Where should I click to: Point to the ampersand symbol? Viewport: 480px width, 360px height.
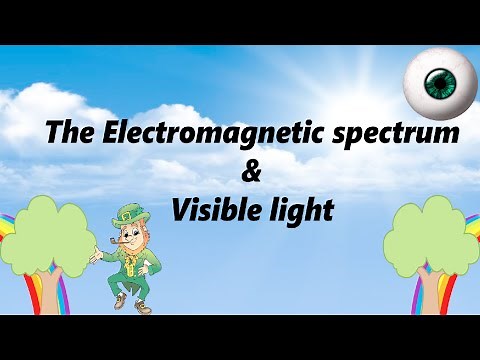click(x=252, y=172)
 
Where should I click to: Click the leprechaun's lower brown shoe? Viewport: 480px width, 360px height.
click(x=117, y=304)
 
